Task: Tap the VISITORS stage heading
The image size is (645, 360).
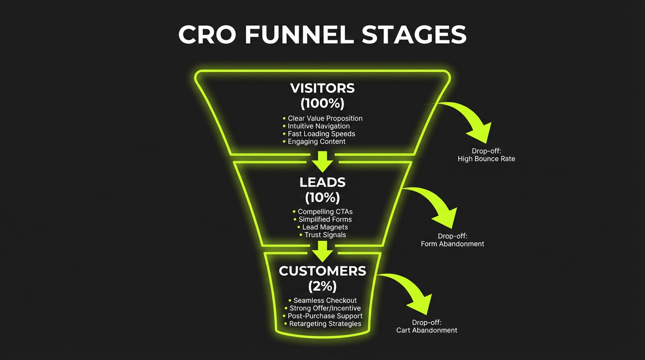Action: pos(322,88)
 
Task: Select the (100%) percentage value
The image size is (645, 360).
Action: pos(322,103)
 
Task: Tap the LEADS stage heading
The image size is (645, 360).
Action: pos(322,182)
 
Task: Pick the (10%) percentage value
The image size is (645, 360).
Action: pos(322,197)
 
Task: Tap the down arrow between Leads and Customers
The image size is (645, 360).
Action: pos(322,251)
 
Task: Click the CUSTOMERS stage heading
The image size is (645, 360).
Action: pos(322,271)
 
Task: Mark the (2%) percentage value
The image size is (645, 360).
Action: pos(322,285)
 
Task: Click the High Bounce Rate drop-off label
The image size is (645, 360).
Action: pos(486,159)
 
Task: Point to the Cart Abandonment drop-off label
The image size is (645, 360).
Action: pos(427,330)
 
